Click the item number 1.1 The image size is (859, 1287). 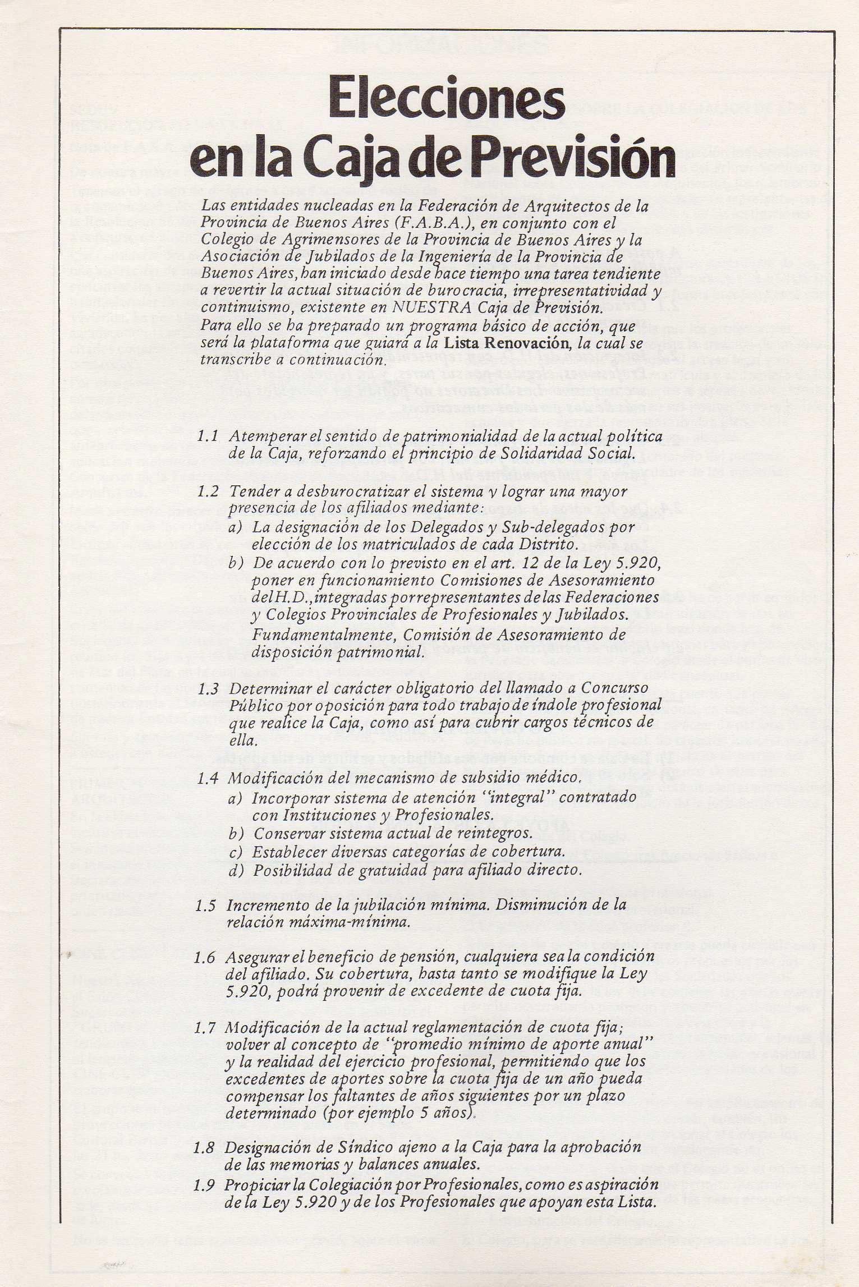(207, 436)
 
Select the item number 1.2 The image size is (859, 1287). (207, 491)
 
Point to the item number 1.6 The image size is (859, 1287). (204, 958)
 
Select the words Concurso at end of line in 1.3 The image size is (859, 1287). (614, 687)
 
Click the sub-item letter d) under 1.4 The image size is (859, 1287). (236, 870)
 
